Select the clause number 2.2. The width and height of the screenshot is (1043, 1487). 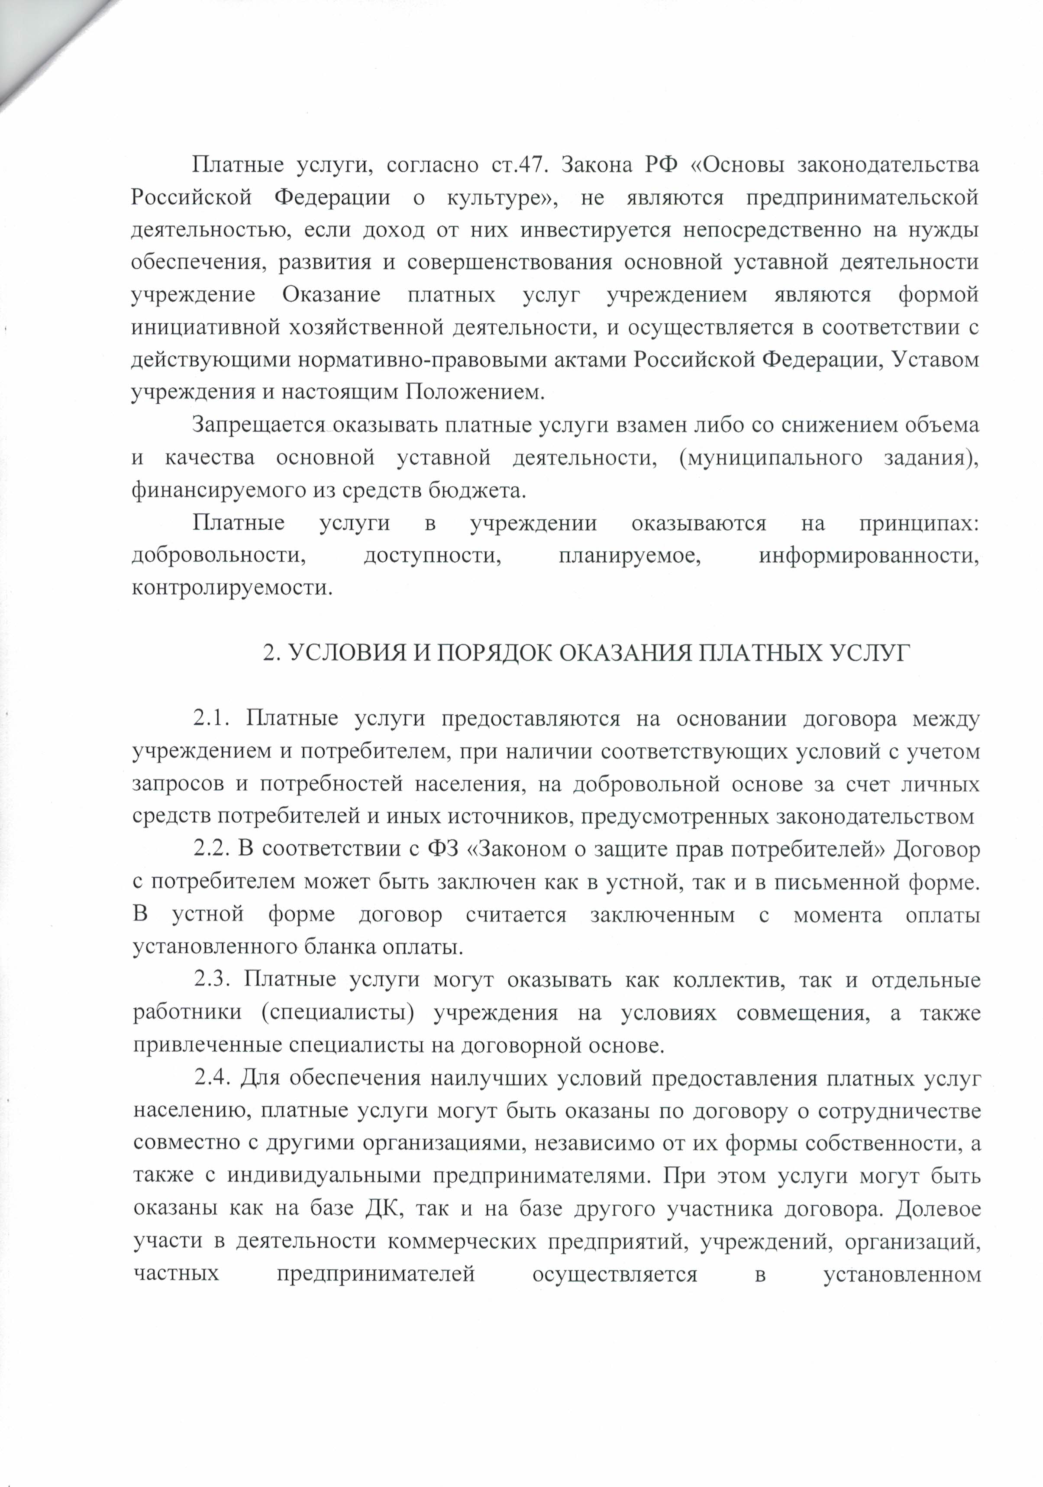(x=213, y=849)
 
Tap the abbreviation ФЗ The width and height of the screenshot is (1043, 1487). (x=443, y=849)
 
